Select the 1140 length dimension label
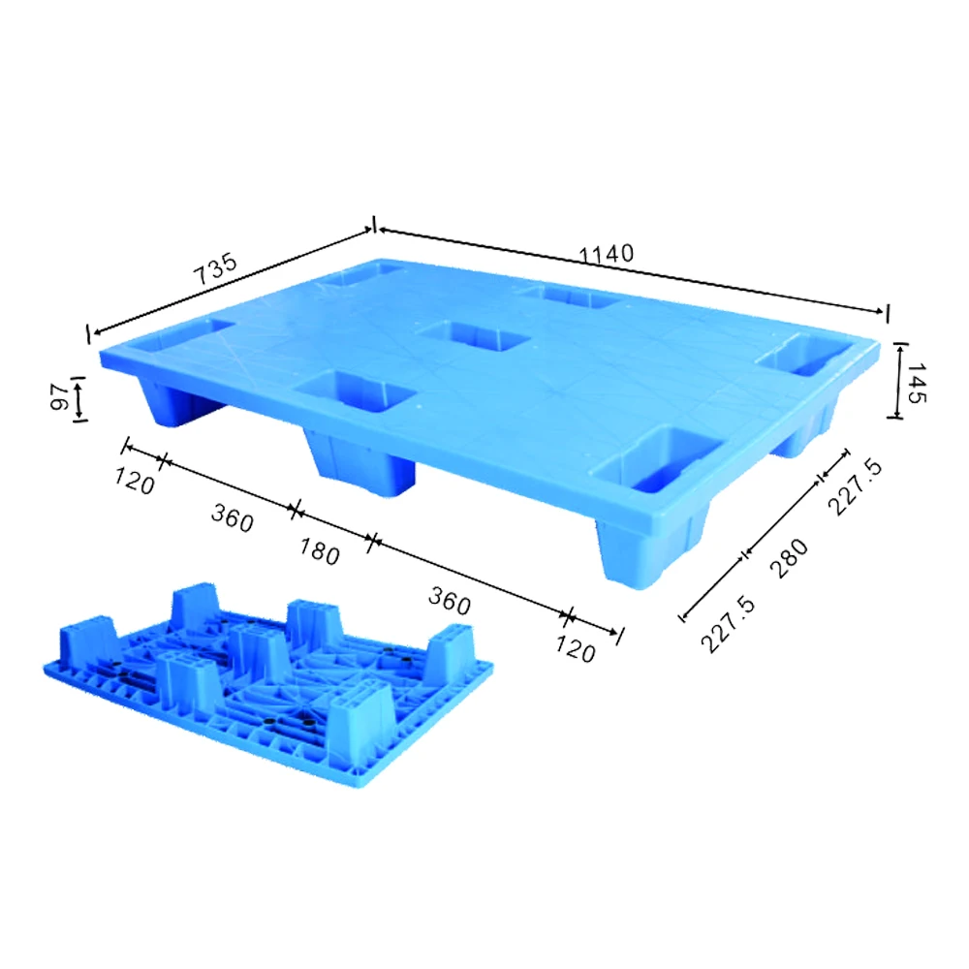click(607, 254)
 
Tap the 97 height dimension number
click(59, 397)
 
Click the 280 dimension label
click(791, 559)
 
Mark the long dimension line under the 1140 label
click(630, 270)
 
